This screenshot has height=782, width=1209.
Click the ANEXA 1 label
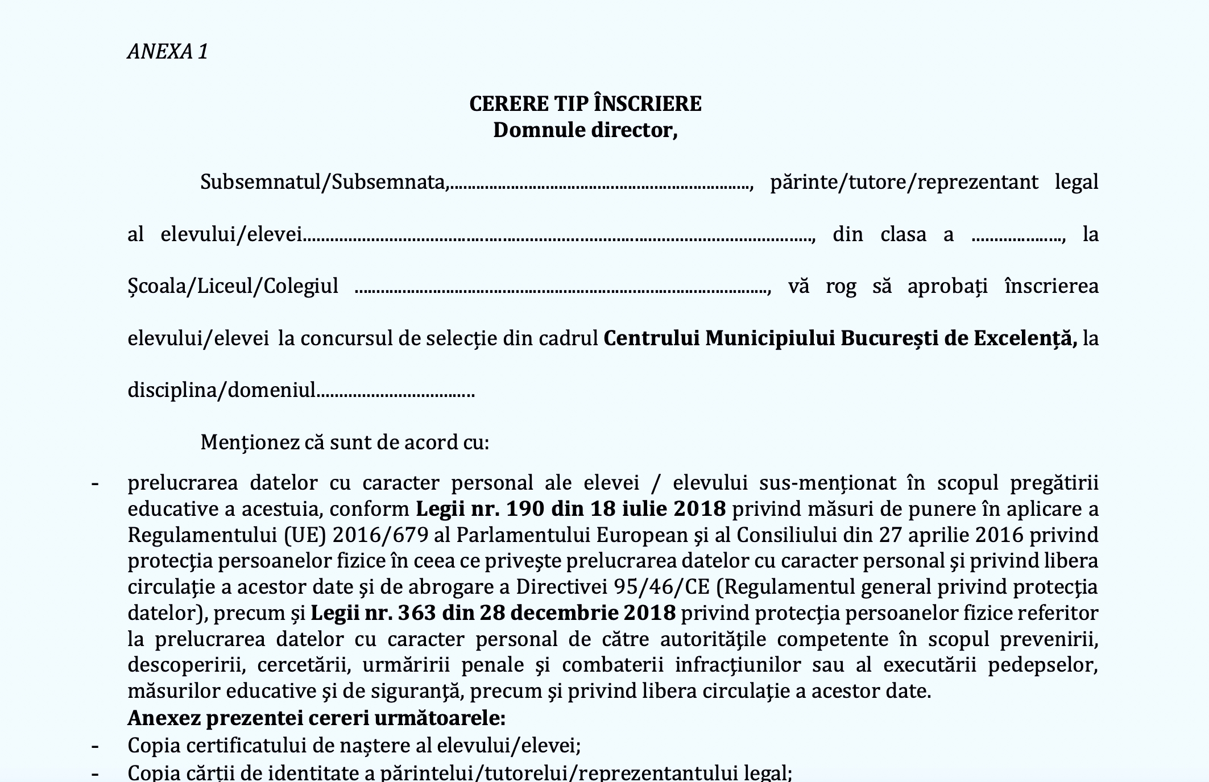coord(168,52)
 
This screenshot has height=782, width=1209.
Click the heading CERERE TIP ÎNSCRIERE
coord(585,104)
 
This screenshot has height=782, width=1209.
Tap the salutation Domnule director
coord(585,130)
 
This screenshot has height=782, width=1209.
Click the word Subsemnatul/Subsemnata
coord(323,182)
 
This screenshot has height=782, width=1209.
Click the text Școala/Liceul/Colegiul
coord(233,286)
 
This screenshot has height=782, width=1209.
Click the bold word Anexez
coord(164,718)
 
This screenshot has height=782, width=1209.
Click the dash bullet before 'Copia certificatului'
coord(95,745)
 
